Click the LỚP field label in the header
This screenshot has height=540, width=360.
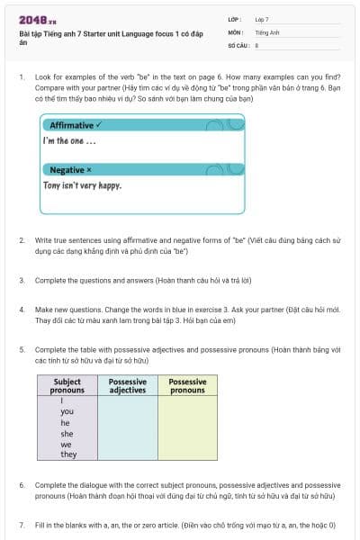click(235, 19)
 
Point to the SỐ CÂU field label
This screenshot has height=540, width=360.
click(238, 44)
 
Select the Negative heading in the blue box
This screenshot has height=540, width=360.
click(71, 169)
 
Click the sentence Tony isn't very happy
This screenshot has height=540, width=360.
click(82, 186)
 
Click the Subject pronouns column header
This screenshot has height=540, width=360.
click(67, 386)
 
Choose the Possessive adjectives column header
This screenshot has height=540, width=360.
click(127, 386)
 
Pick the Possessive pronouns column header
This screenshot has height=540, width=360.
click(187, 386)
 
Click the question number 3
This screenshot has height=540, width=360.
click(22, 281)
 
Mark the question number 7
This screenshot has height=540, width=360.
click(22, 524)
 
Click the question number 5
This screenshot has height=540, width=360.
click(22, 349)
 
